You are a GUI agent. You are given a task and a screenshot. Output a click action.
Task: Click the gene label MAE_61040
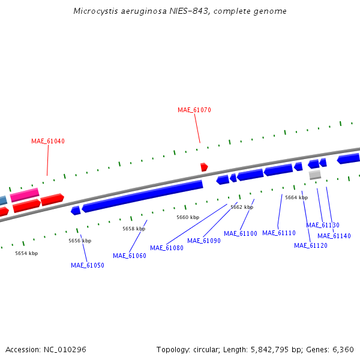pos(48,142)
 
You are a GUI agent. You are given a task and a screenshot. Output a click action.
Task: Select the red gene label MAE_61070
pos(194,110)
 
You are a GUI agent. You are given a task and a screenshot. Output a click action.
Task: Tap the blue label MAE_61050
pos(88,265)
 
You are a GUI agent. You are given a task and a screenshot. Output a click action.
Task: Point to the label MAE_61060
pos(130,256)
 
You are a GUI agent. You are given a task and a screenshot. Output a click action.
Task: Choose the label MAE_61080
pos(167,248)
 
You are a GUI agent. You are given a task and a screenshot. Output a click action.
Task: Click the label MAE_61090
pos(204,241)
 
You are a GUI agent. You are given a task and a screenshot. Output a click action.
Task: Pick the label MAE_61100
pos(241,233)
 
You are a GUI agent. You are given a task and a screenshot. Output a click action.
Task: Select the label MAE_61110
pos(279,233)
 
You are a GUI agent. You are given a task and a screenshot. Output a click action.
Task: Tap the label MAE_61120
pos(311,245)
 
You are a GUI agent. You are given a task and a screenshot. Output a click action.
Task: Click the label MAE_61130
pos(323,226)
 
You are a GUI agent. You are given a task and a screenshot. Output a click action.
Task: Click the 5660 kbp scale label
pos(188,217)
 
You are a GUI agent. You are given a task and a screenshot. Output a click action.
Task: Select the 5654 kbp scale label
pos(26,253)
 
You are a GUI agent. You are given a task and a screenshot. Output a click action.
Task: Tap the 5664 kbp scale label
pos(296,197)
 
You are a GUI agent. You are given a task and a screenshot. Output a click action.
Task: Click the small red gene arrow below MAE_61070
pos(204,167)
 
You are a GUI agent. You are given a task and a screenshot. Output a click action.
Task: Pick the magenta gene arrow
pos(25,195)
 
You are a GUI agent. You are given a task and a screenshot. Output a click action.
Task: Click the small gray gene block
pos(315,175)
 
